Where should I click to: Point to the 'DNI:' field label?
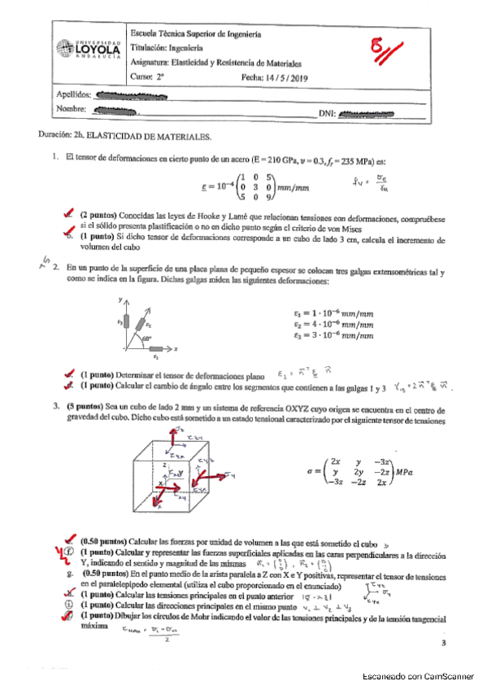tap(327, 112)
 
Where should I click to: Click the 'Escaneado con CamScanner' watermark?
tap(417, 675)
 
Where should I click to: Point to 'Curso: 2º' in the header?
tap(147, 77)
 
